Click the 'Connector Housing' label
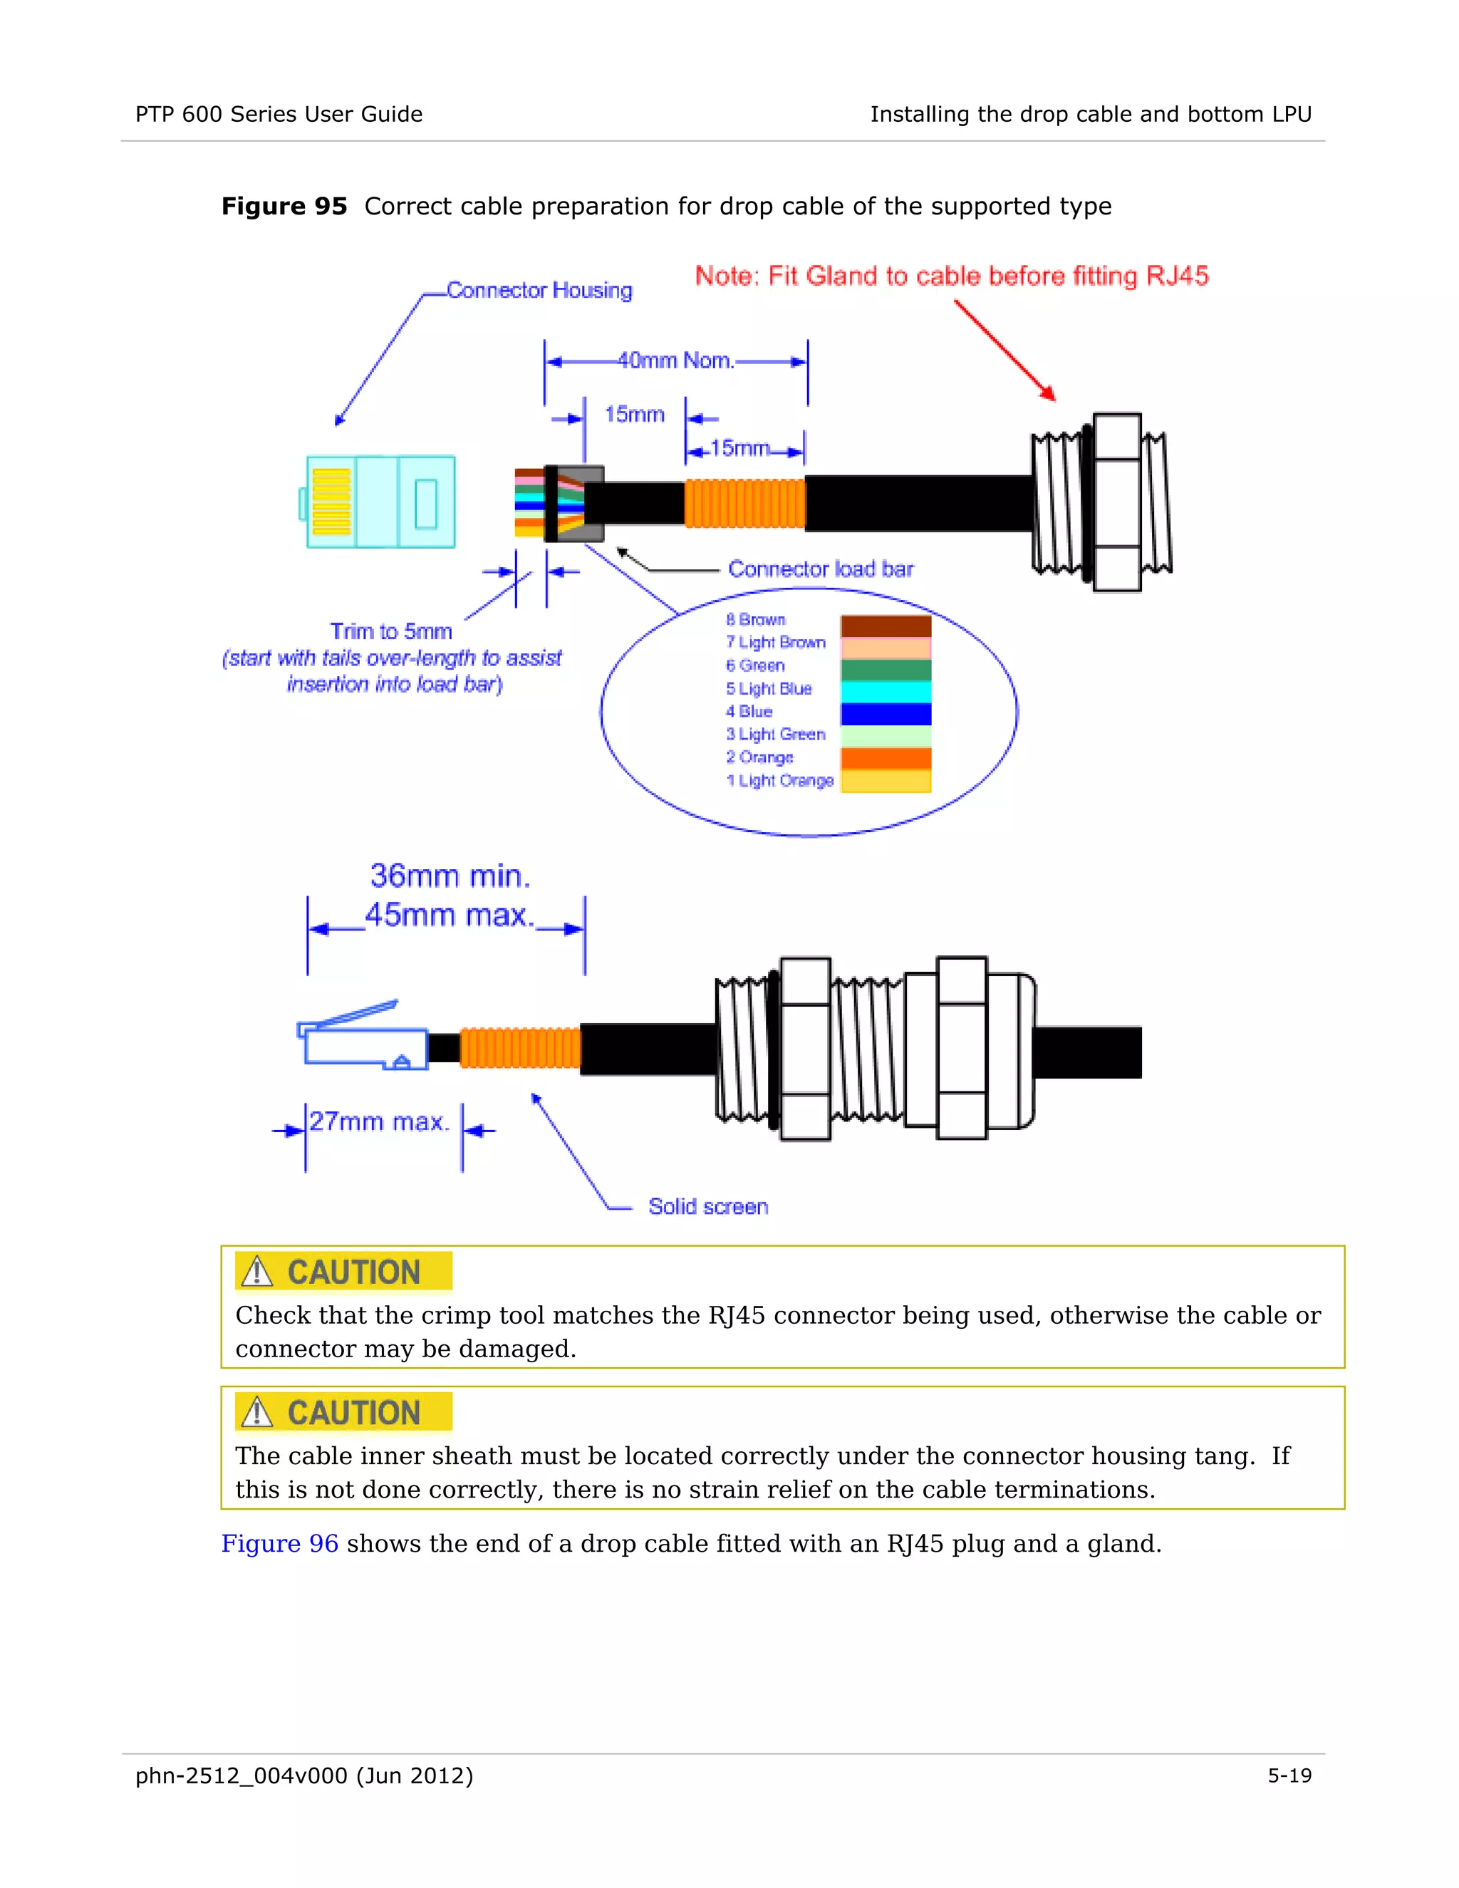click(x=539, y=291)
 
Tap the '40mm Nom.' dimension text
click(x=676, y=361)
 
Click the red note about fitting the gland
click(x=952, y=276)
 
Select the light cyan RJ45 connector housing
click(x=381, y=502)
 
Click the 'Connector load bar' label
click(x=820, y=569)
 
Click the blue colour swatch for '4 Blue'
click(x=886, y=714)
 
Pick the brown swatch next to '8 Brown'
click(x=886, y=626)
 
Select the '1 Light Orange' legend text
click(x=779, y=781)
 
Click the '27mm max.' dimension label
click(x=380, y=1122)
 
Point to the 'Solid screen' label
click(x=708, y=1207)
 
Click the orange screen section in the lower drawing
click(x=520, y=1049)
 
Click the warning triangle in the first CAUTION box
click(x=256, y=1272)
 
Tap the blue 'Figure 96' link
click(x=279, y=1544)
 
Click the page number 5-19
click(x=1289, y=1775)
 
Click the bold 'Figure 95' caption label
click(x=284, y=207)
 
